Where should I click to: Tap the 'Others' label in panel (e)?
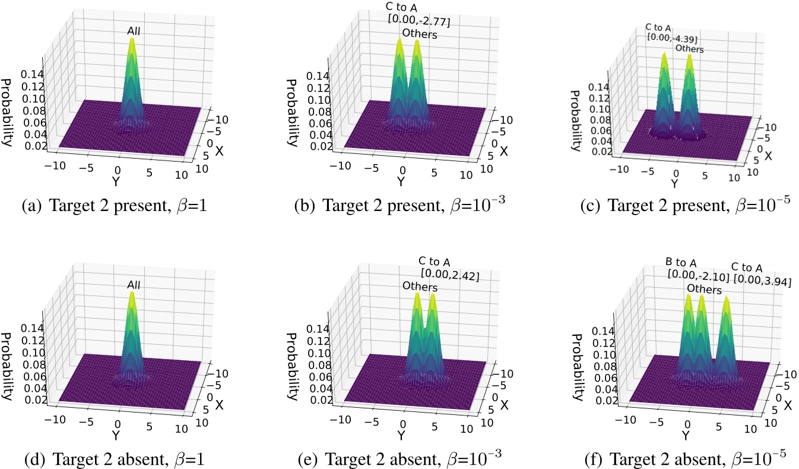pyautogui.click(x=420, y=288)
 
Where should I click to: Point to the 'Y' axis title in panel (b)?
pyautogui.click(x=401, y=181)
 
